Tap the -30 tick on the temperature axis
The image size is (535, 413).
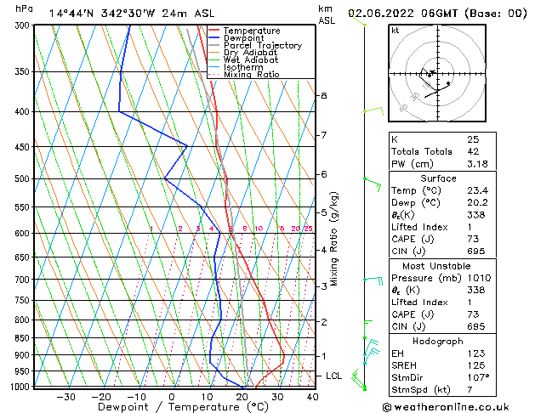coord(65,397)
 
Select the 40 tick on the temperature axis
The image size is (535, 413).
coord(312,397)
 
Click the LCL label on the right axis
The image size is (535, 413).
coord(333,376)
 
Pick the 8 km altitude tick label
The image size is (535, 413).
coord(323,96)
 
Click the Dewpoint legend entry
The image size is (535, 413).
coord(242,38)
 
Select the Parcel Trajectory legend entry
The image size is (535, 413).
coord(262,46)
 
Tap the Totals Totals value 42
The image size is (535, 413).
coord(472,151)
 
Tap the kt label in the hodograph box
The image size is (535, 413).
coord(396,31)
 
